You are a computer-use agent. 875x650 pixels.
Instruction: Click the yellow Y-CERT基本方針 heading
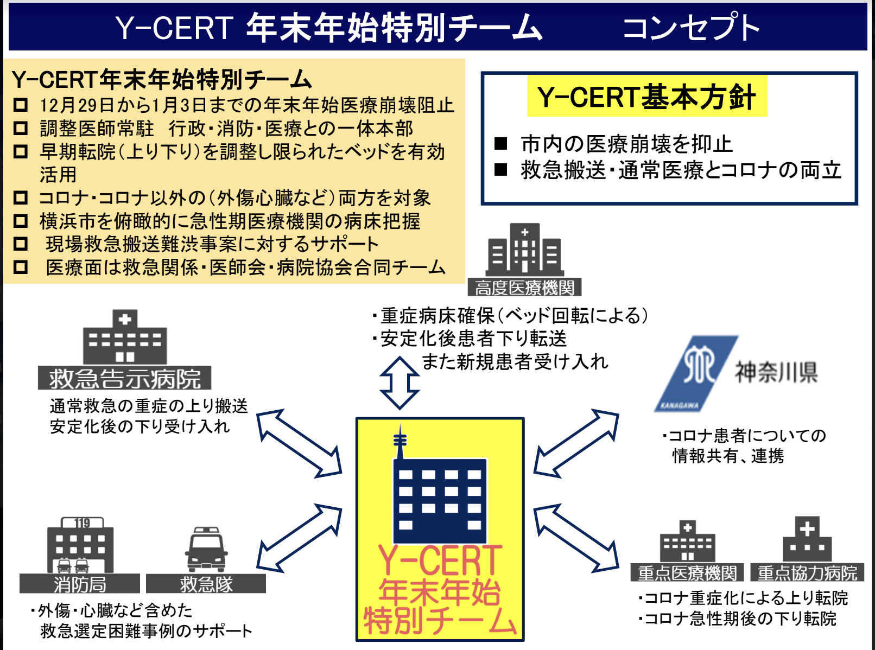point(646,98)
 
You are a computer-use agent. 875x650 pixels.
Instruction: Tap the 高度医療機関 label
point(524,288)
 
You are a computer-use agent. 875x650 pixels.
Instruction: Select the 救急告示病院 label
point(124,378)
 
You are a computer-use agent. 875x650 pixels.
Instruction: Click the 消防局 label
point(80,584)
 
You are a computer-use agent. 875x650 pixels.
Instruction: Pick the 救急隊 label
point(206,584)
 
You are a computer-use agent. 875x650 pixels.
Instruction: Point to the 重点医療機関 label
point(687,573)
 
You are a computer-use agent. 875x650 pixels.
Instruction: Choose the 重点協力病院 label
point(807,573)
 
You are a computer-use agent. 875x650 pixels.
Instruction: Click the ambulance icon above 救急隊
point(206,549)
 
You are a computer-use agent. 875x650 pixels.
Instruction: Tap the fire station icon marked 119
point(80,545)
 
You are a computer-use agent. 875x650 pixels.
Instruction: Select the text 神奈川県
point(776,372)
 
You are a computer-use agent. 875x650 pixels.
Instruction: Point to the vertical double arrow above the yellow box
point(400,383)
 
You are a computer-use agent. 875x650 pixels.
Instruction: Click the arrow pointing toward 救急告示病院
point(299,443)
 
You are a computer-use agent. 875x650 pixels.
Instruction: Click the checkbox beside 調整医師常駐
point(21,129)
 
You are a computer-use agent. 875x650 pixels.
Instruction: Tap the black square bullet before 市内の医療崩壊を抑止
point(500,144)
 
